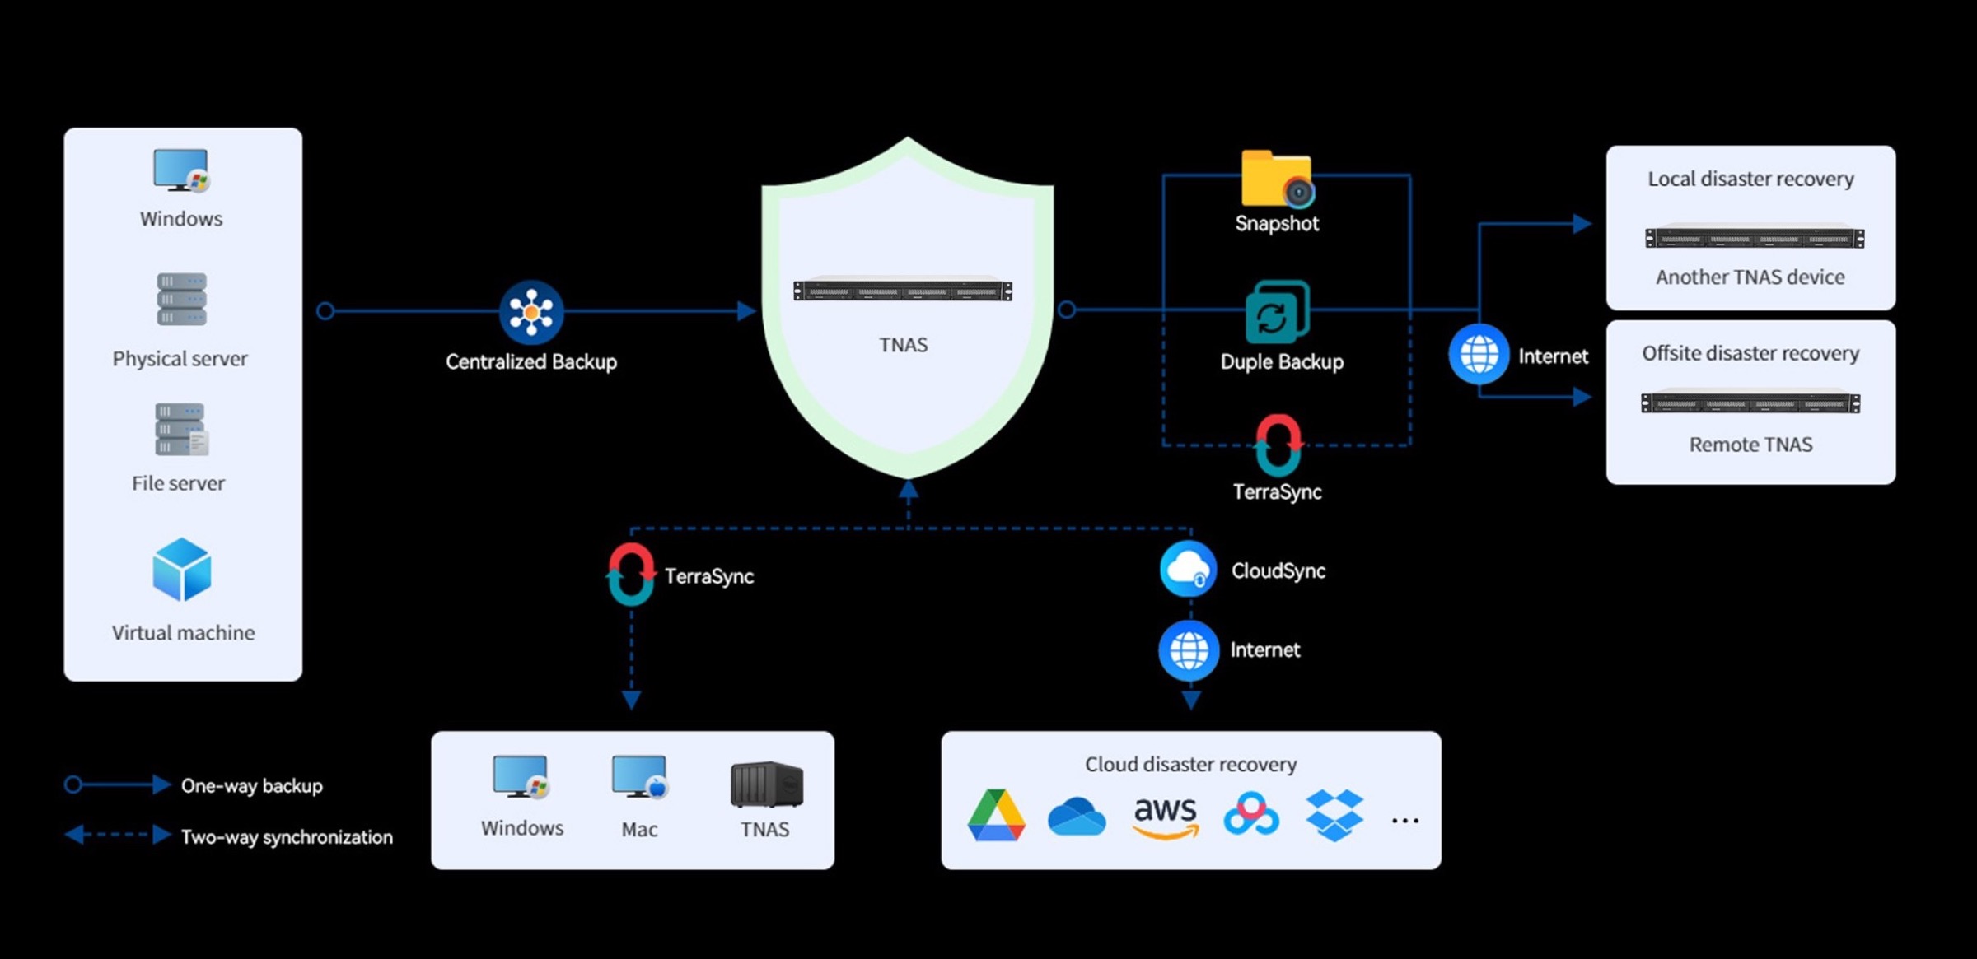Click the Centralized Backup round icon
531,312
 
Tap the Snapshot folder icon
1277,178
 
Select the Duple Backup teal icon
1277,312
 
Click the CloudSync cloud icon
1188,569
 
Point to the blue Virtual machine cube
182,570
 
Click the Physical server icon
181,299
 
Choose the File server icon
181,429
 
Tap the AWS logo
1166,817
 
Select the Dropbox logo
1334,815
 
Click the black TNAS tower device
766,784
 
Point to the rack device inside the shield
903,291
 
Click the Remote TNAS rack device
1750,403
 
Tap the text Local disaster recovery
1750,179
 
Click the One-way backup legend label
252,786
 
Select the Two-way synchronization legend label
287,837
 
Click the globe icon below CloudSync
1189,650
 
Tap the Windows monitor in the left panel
181,170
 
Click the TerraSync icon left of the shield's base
631,574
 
